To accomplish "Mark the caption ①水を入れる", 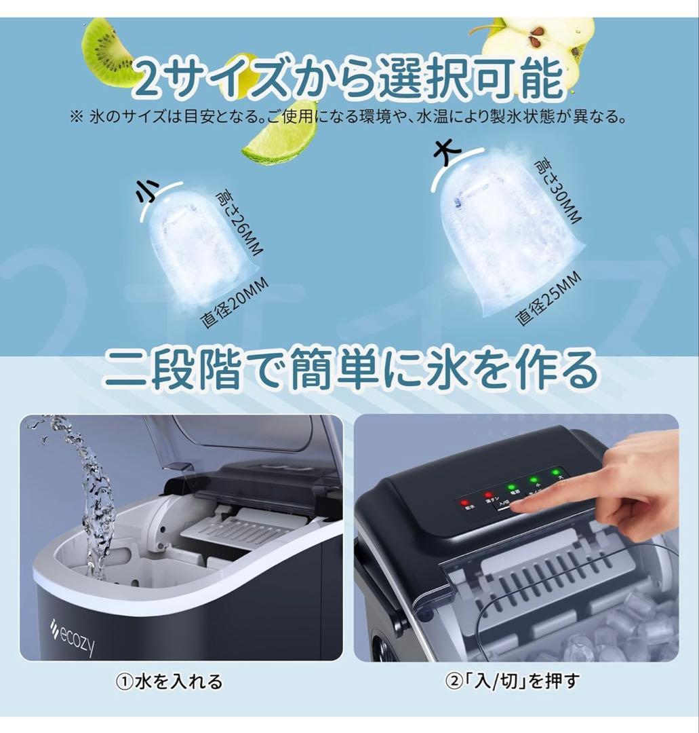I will pyautogui.click(x=169, y=680).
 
